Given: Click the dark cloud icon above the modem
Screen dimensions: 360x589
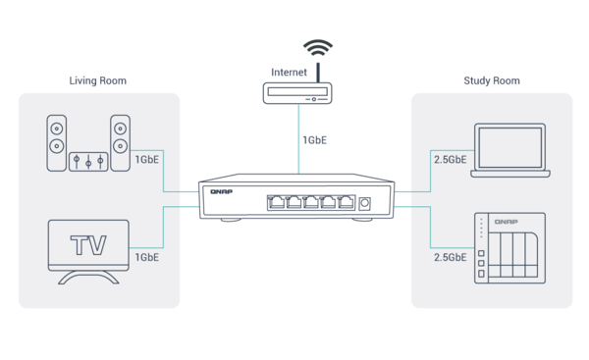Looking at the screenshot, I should click(x=315, y=46).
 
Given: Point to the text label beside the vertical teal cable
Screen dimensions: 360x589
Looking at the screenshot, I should click(x=314, y=139).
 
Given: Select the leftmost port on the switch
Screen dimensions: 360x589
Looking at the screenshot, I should click(x=272, y=203).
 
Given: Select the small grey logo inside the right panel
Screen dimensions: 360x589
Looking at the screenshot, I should click(x=506, y=223).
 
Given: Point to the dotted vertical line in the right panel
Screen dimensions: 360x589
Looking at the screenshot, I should click(x=481, y=226).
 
